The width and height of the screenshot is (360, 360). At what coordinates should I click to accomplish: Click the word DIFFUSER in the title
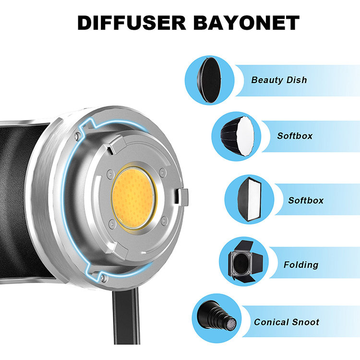click(132, 23)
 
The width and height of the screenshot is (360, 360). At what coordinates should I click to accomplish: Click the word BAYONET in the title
click(246, 23)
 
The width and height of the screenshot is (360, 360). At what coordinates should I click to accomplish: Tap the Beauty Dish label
click(279, 80)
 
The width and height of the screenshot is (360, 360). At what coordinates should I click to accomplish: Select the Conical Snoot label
click(286, 322)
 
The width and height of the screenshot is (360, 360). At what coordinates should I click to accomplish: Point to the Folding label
click(301, 264)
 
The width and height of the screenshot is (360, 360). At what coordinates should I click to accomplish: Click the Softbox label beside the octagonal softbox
click(295, 136)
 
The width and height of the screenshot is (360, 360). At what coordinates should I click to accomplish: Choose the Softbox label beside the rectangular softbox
click(306, 201)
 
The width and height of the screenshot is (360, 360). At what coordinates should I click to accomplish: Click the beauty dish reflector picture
click(210, 80)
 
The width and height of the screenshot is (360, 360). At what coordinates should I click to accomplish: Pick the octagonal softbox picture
click(238, 136)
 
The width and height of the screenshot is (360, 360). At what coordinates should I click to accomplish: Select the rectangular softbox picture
click(250, 199)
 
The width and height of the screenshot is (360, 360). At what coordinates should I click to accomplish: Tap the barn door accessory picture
click(245, 262)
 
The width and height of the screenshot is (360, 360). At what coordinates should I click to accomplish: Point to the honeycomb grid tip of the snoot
click(231, 324)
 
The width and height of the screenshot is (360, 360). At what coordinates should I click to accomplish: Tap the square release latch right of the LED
click(181, 197)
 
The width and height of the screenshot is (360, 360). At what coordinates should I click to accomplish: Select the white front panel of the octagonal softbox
click(246, 136)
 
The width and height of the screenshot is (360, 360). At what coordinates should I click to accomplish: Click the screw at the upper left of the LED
click(110, 174)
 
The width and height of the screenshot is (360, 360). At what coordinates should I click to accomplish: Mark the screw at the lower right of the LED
click(164, 221)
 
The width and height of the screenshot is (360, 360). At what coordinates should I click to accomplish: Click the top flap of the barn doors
click(244, 246)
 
